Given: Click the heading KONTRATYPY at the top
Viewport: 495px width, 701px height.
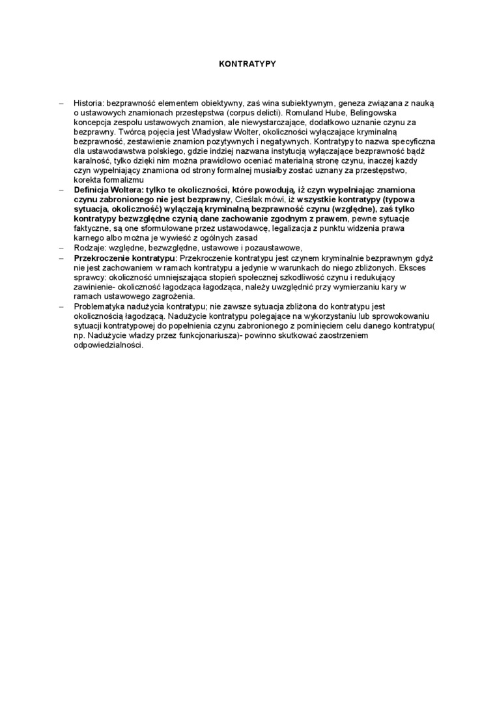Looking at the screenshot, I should click(x=247, y=64).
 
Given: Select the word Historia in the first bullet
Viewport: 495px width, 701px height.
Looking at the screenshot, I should click(x=89, y=103).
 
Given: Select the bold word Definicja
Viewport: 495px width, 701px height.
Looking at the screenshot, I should click(x=94, y=189).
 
